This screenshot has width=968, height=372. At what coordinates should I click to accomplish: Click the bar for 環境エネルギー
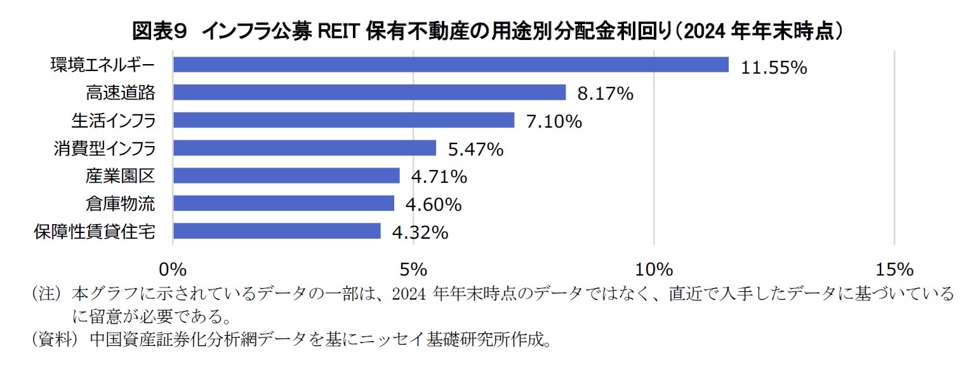(450, 65)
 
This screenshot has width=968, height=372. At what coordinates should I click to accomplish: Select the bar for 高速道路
(369, 93)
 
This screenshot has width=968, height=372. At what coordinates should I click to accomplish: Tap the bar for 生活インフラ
(343, 121)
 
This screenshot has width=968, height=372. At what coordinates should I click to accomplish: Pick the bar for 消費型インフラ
(304, 148)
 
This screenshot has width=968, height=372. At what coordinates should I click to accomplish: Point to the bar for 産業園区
(286, 176)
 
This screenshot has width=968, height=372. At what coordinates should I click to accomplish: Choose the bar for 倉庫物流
(283, 203)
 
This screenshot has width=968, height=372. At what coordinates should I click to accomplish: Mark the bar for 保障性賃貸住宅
(276, 231)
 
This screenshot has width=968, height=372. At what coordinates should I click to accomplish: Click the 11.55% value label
(774, 67)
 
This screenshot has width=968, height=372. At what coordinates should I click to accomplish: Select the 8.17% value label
(605, 95)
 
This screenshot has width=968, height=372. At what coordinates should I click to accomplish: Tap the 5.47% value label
(475, 150)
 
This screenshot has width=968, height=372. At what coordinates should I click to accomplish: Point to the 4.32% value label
(420, 233)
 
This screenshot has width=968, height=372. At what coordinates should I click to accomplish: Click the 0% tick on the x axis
(173, 270)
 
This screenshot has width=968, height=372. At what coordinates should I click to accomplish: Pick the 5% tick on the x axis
(413, 270)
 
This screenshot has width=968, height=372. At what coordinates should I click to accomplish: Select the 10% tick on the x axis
(654, 270)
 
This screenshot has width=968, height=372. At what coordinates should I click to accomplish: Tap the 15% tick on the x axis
(894, 270)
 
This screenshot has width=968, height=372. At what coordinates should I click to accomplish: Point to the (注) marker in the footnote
(49, 294)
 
